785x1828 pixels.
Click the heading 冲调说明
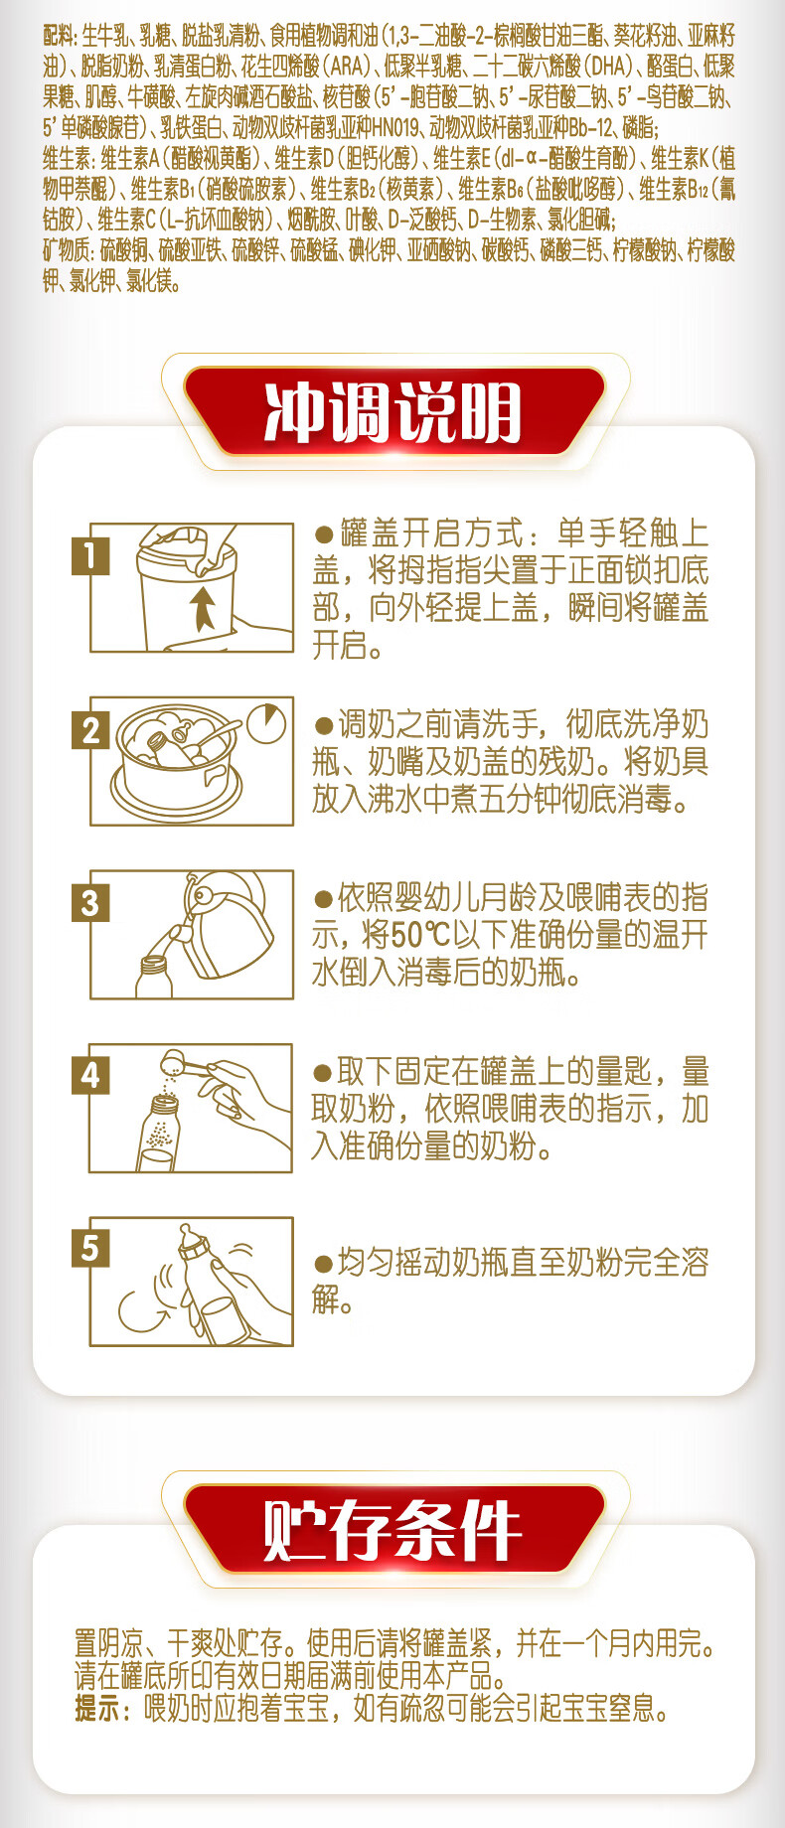(x=393, y=411)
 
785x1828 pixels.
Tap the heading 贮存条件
(x=393, y=1529)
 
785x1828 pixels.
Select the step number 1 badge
(x=90, y=555)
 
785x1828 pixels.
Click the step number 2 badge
(x=90, y=730)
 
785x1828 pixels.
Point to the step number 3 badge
(x=90, y=903)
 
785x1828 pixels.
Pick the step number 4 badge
(x=90, y=1075)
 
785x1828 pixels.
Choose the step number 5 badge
(x=90, y=1248)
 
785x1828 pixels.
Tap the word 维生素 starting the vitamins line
(x=65, y=159)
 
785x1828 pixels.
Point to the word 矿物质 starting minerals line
(x=65, y=250)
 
